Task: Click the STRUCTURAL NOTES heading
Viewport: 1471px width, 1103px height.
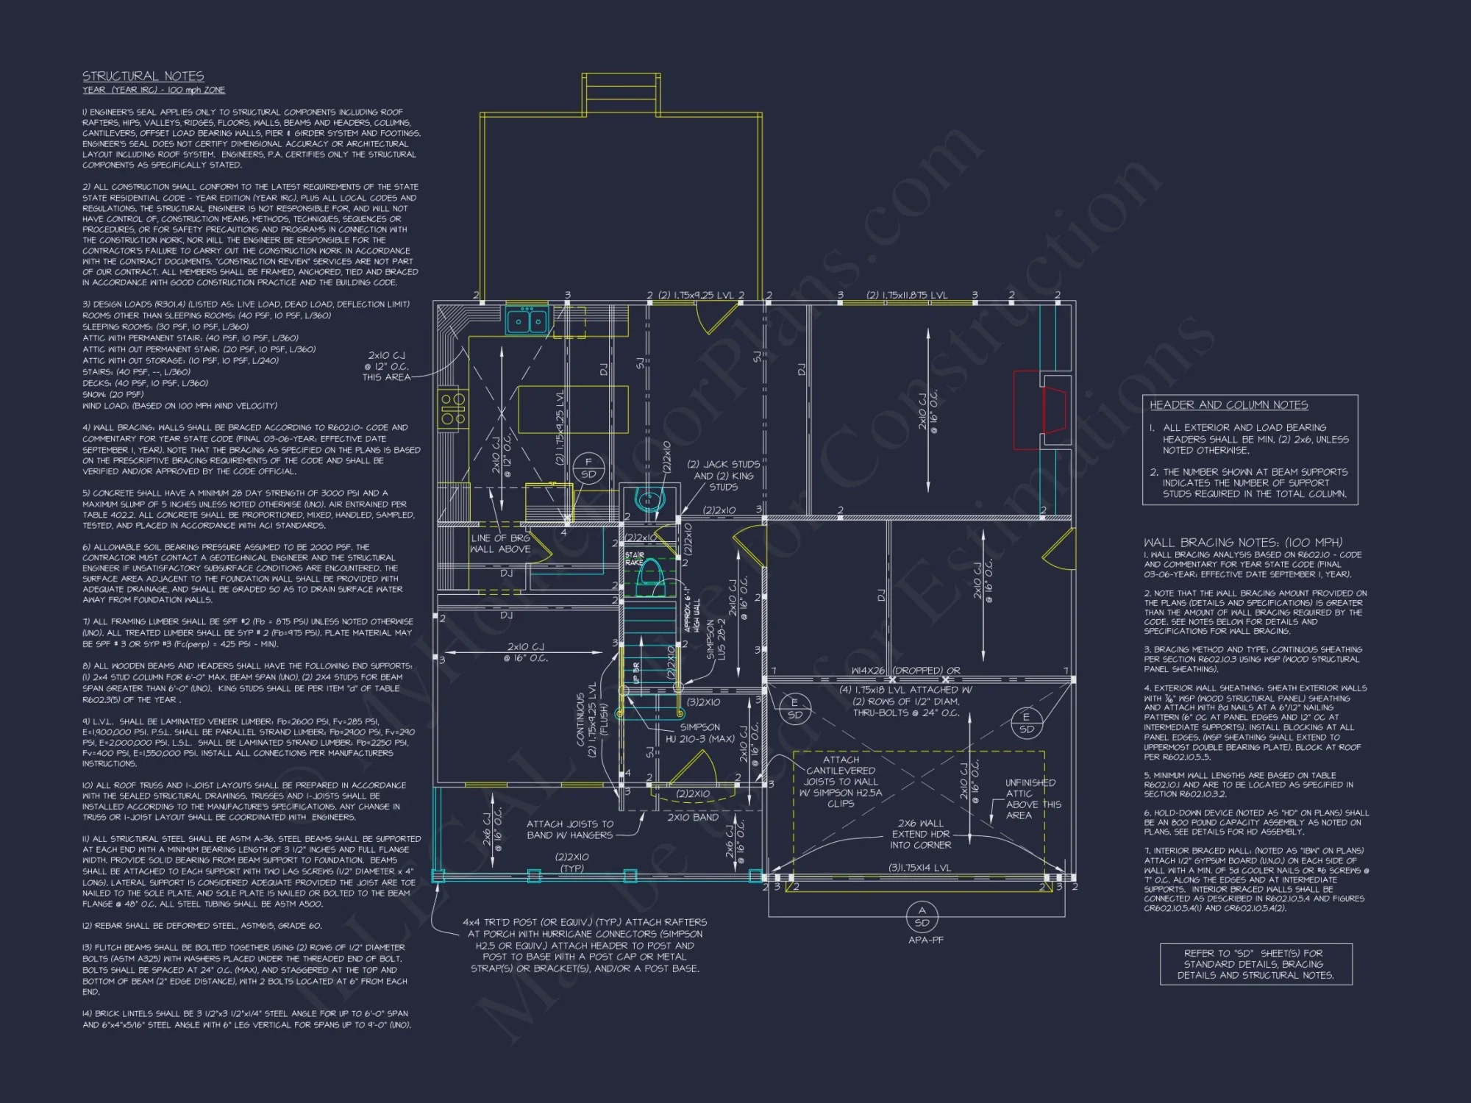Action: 143,76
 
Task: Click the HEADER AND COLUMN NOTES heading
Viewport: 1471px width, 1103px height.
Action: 1228,405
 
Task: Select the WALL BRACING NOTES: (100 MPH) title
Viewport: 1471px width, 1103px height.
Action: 1242,543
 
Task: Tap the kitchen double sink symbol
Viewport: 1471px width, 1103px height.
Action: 527,321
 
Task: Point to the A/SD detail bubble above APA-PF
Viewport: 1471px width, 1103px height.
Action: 922,917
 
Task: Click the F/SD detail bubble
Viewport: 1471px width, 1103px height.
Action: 588,468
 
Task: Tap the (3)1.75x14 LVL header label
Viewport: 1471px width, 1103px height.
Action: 919,868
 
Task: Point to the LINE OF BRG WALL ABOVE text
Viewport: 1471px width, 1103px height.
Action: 500,543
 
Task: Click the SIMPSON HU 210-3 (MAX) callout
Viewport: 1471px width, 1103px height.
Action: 699,732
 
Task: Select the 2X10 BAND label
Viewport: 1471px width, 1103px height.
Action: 693,817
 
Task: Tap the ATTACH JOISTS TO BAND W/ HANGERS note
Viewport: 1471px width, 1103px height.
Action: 570,829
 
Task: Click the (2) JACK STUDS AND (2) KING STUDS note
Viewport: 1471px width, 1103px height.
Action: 723,476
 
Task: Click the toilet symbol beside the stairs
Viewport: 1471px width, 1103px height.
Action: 649,576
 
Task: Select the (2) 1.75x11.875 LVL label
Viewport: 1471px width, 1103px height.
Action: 906,296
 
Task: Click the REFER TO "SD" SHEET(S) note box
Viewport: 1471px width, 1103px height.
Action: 1255,964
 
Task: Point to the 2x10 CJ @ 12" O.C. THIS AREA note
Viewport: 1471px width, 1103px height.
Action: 386,366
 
